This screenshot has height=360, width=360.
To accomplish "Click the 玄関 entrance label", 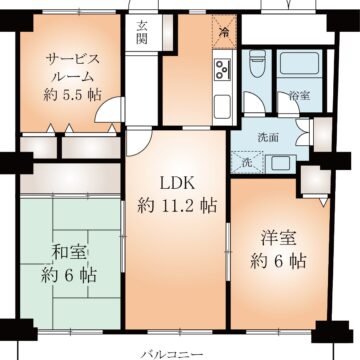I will pyautogui.click(x=142, y=33).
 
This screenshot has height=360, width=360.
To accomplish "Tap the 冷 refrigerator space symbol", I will pyautogui.click(x=223, y=34).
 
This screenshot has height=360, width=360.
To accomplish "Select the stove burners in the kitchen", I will pyautogui.click(x=221, y=70).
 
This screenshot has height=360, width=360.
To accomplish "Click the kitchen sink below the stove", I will pyautogui.click(x=221, y=103).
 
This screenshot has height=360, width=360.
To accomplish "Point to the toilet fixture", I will pyautogui.click(x=258, y=70).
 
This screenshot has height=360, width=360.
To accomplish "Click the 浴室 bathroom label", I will pyautogui.click(x=298, y=97).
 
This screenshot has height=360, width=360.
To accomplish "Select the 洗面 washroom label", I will pyautogui.click(x=267, y=136).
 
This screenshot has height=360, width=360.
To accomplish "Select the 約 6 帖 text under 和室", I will pyautogui.click(x=69, y=273).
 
